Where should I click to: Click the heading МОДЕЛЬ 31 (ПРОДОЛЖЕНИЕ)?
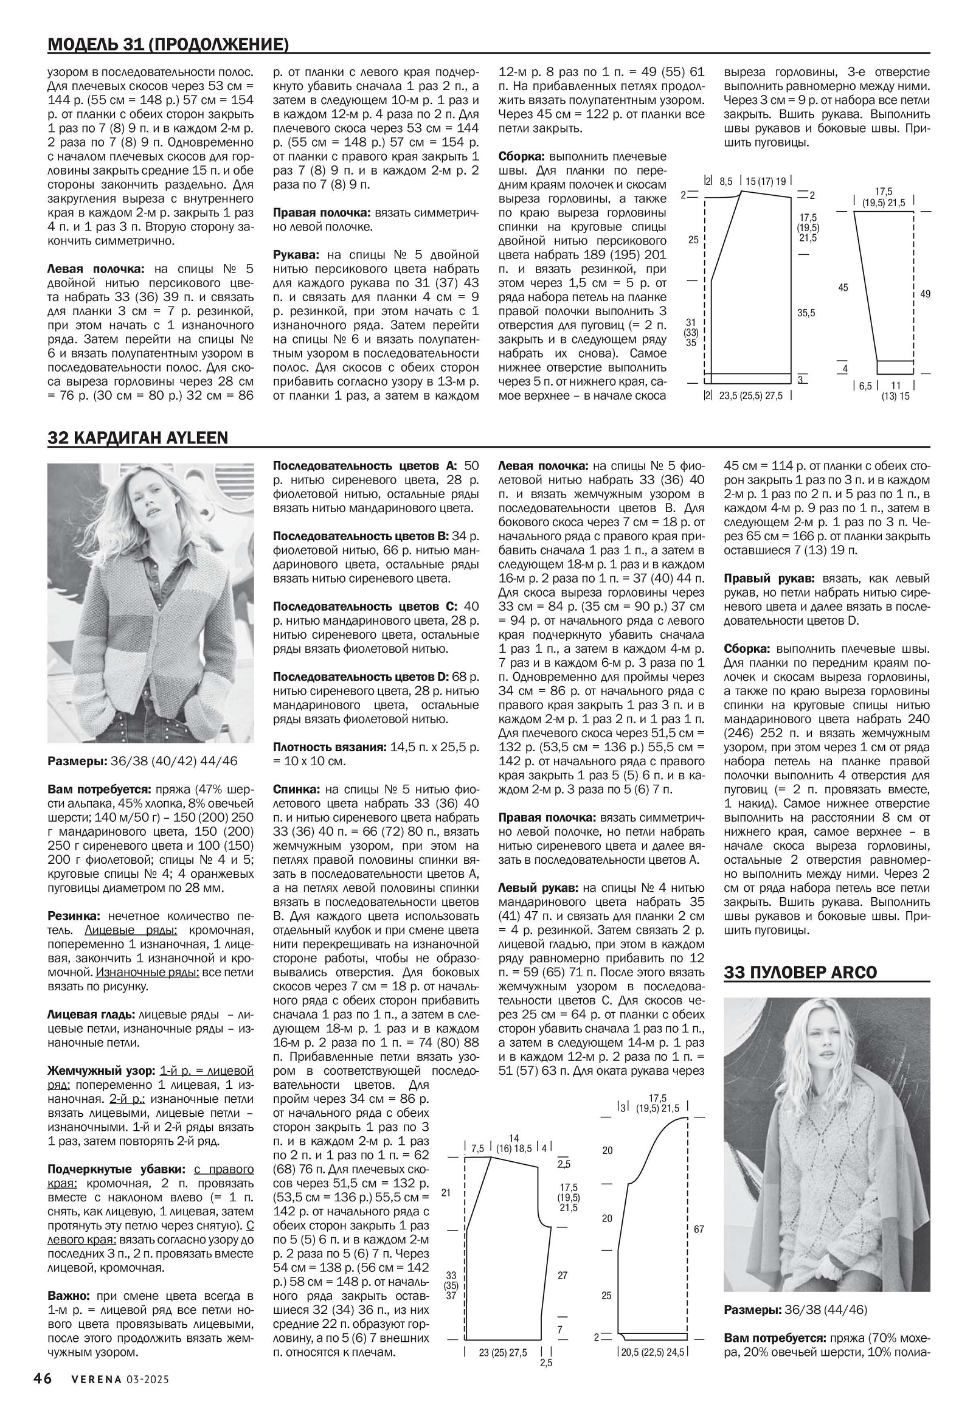click(x=168, y=44)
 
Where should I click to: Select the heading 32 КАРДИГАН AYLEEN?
click(x=138, y=438)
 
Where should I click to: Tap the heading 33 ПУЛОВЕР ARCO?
click(x=800, y=972)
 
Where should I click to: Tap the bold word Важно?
click(x=69, y=1296)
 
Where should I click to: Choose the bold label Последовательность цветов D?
click(x=360, y=677)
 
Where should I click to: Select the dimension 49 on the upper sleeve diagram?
click(x=926, y=294)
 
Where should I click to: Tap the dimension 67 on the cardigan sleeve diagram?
click(x=699, y=1229)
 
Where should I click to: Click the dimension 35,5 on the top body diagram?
click(x=806, y=313)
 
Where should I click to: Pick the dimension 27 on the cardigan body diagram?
click(x=563, y=1275)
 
